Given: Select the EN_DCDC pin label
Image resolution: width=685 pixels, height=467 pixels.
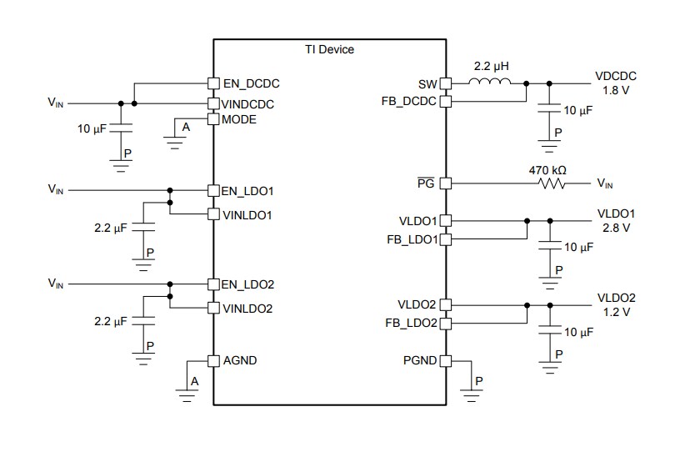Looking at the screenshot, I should tap(251, 83).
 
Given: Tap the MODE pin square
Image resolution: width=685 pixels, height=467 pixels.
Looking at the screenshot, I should tap(212, 119).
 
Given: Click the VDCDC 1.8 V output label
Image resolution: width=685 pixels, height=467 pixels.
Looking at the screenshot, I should tap(616, 83).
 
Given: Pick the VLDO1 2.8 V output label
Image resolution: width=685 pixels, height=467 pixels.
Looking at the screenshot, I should tap(616, 220).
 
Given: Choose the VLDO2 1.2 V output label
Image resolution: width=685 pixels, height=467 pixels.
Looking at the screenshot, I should tap(616, 304).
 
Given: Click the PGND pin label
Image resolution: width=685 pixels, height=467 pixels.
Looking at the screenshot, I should tap(419, 361).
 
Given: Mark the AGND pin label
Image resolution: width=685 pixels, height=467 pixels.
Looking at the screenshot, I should tap(240, 360).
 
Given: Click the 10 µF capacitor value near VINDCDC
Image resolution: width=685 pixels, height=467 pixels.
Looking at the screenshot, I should tap(92, 130).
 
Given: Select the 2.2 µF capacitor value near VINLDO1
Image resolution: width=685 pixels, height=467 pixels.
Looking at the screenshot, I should tap(109, 226).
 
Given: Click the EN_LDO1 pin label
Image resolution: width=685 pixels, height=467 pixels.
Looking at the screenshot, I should tap(247, 191).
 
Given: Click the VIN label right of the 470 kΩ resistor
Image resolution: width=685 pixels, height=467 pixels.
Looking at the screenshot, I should tap(605, 183).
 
